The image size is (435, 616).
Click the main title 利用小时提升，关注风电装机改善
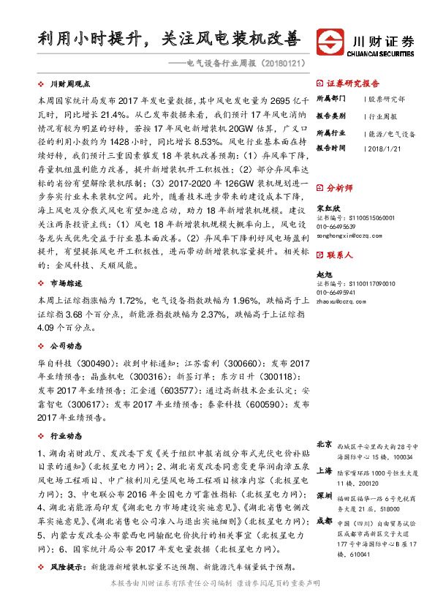coord(159,38)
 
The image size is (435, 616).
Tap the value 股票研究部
coord(387,98)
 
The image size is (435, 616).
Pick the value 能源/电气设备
coord(392,134)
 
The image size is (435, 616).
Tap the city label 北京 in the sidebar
coord(324,444)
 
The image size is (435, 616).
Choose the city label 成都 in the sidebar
coord(324,520)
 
